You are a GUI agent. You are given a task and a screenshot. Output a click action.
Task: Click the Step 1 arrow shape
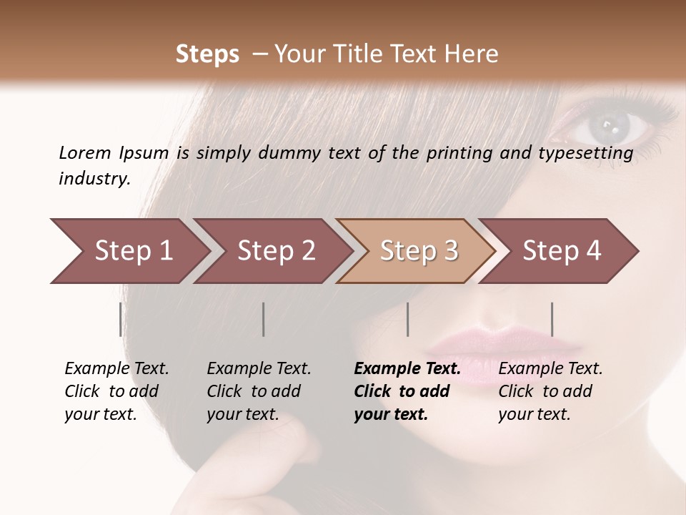pyautogui.click(x=129, y=251)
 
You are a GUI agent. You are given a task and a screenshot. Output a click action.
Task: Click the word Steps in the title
pyautogui.click(x=207, y=54)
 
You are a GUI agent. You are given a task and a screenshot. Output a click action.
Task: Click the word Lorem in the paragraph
pyautogui.click(x=84, y=152)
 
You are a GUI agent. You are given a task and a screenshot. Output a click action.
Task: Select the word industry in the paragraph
pyautogui.click(x=94, y=178)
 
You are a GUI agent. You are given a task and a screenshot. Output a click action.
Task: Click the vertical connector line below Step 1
pyautogui.click(x=121, y=319)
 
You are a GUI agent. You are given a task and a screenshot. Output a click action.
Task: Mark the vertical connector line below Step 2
pyautogui.click(x=264, y=319)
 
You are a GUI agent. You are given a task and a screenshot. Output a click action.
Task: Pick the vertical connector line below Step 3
pyautogui.click(x=407, y=319)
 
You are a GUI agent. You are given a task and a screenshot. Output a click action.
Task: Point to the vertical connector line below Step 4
pyautogui.click(x=552, y=319)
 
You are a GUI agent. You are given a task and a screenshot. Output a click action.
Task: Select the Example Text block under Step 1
pyautogui.click(x=116, y=391)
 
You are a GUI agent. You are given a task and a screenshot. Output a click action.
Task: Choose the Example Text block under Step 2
pyautogui.click(x=259, y=391)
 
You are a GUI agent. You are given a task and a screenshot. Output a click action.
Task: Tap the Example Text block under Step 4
pyautogui.click(x=550, y=391)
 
